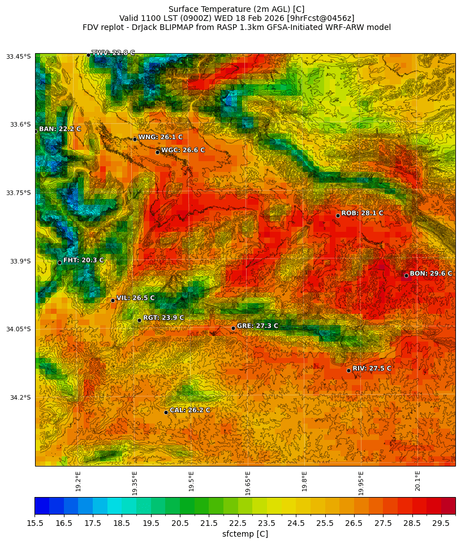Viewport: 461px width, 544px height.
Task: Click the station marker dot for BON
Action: tap(406, 275)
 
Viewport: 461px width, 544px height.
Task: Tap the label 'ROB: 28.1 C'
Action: tap(362, 213)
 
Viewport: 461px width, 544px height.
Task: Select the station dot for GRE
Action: tap(233, 328)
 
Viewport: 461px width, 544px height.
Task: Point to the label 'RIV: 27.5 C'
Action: tap(372, 368)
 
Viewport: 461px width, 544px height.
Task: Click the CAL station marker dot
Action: tap(166, 412)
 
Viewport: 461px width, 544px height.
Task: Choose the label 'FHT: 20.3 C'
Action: tap(83, 260)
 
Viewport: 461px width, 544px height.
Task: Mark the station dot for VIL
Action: tap(113, 300)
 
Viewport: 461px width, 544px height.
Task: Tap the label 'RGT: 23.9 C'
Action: tap(163, 318)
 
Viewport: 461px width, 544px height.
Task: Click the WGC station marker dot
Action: tap(157, 152)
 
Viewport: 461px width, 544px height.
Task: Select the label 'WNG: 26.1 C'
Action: tap(160, 137)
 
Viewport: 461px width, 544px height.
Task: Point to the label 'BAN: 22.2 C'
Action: tap(59, 129)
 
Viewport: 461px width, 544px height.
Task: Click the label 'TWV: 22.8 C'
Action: tap(113, 53)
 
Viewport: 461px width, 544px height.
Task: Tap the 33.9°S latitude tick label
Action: tap(19, 261)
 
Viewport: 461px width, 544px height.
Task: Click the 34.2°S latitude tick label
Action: tap(19, 398)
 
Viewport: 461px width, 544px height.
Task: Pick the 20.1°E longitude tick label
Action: tap(417, 481)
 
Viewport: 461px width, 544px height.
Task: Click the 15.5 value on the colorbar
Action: tap(35, 524)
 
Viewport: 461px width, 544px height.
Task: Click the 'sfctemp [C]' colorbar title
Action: tap(245, 534)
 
